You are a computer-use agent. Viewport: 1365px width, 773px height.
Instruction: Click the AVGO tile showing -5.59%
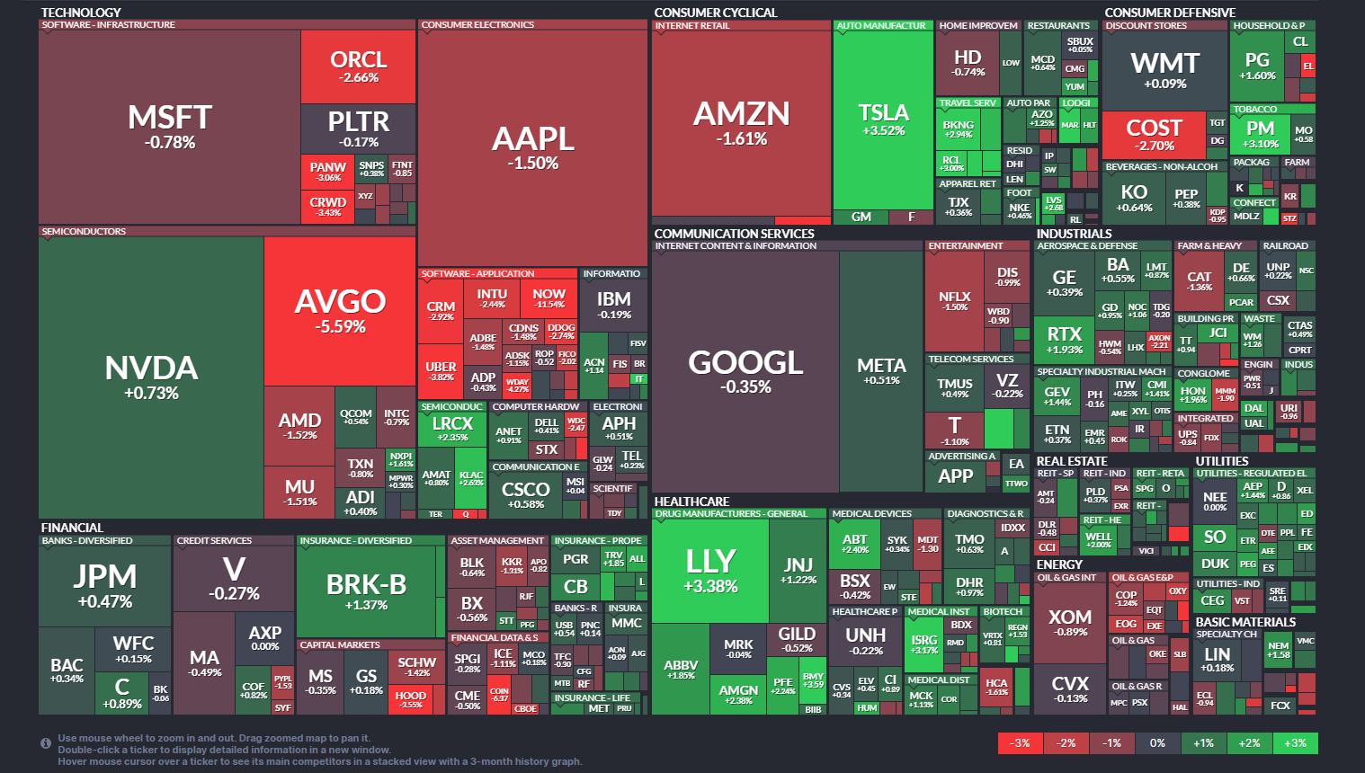(x=340, y=311)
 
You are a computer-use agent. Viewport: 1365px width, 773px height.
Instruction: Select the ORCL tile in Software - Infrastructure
(x=358, y=67)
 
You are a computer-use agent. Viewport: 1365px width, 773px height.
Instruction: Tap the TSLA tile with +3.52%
(x=883, y=119)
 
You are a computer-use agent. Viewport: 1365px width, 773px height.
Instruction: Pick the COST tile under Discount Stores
(x=1154, y=134)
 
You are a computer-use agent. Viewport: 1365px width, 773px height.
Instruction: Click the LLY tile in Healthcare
(x=710, y=571)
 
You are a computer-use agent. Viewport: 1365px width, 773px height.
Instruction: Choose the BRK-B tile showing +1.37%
(x=366, y=591)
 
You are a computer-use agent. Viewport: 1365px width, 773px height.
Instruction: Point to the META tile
(x=881, y=370)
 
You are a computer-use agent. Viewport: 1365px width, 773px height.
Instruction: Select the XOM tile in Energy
(x=1070, y=622)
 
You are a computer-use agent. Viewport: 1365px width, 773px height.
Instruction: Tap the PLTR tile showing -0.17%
(x=358, y=128)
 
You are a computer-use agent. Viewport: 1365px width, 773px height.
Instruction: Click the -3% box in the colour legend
(x=1021, y=743)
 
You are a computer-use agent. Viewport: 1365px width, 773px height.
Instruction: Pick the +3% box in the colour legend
(x=1295, y=743)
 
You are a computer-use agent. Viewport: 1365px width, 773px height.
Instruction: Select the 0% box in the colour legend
(x=1157, y=743)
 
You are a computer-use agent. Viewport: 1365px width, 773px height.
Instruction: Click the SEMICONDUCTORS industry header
(x=85, y=232)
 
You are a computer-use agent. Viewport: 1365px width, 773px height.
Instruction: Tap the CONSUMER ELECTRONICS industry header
(x=477, y=25)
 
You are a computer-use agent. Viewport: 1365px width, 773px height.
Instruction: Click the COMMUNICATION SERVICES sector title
(x=734, y=234)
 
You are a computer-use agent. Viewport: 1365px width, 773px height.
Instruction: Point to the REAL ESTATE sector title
(x=1072, y=461)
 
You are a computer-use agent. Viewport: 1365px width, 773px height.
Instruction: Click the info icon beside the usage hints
(x=46, y=743)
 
